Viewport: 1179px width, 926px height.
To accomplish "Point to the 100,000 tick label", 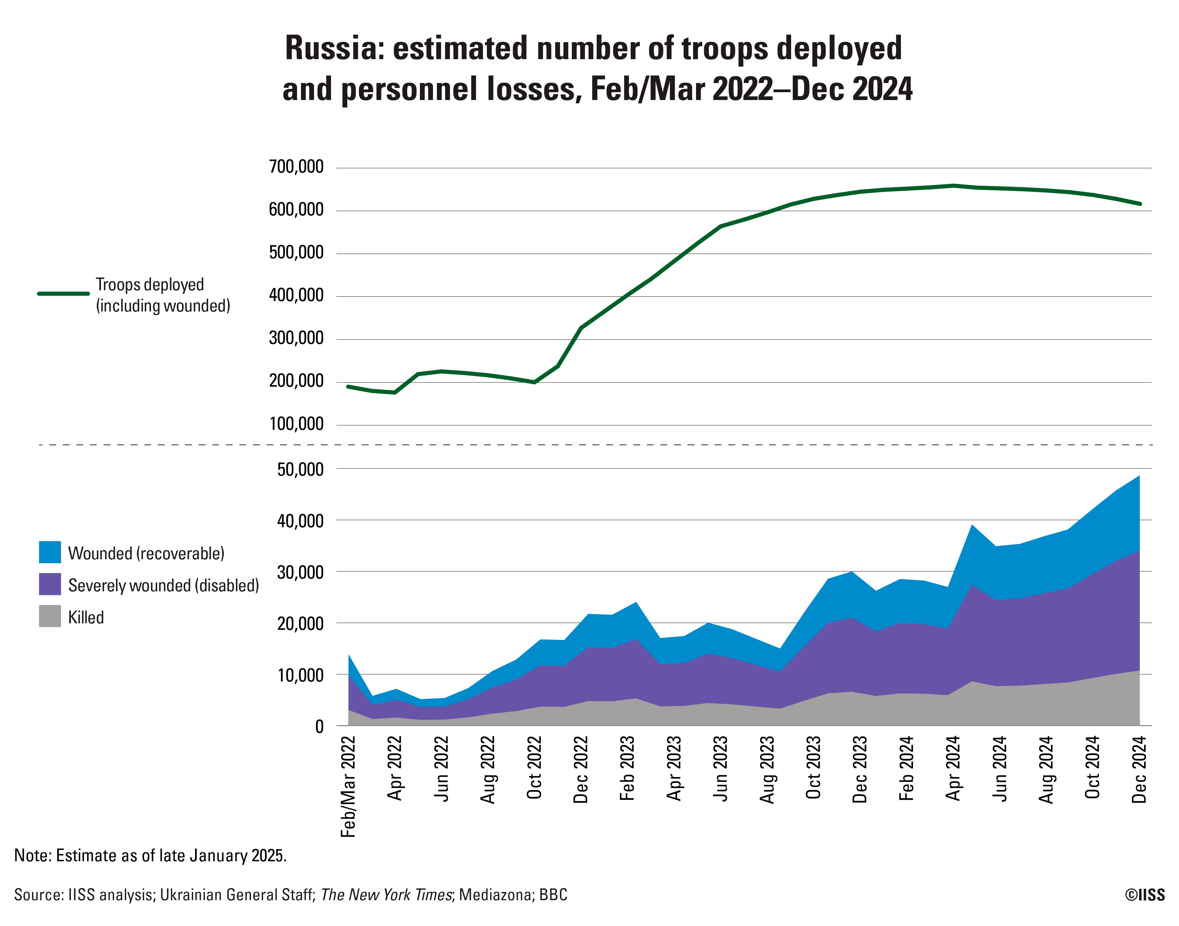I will click(296, 425).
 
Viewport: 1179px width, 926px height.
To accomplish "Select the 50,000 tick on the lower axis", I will click(300, 469).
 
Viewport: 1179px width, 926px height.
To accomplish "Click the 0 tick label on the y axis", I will click(319, 727).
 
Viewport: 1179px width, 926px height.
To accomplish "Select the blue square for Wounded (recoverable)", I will click(50, 552).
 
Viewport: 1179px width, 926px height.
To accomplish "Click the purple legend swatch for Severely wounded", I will click(50, 584).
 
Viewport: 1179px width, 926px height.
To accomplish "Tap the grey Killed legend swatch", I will click(50, 616).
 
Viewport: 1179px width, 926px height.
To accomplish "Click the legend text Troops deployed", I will click(150, 285).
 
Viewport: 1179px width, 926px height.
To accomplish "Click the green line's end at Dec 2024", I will click(1140, 204).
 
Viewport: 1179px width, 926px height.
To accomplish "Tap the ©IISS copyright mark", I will click(1144, 895).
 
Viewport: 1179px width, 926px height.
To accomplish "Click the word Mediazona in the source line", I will click(495, 895).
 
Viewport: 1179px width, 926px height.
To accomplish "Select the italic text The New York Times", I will click(386, 895).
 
